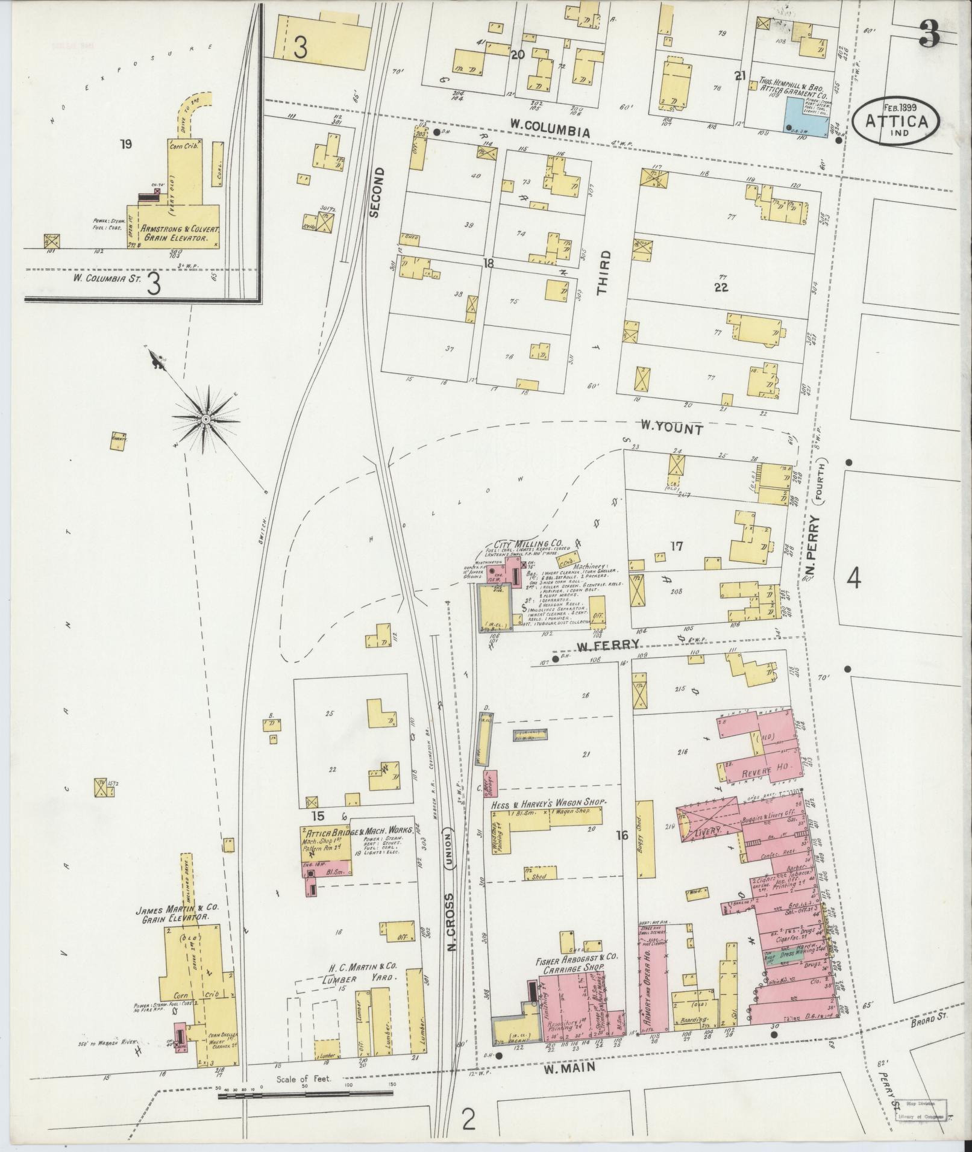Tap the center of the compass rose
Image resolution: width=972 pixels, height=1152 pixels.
coord(205,419)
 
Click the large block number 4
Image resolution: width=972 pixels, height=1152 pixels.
coord(853,578)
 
